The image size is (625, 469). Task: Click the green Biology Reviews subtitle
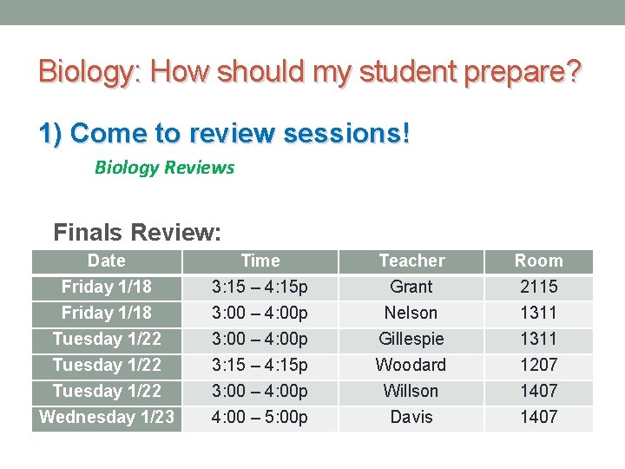click(x=164, y=168)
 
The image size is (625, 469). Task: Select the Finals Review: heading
click(x=137, y=232)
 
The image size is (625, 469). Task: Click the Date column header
click(x=107, y=261)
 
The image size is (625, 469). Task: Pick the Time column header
click(x=260, y=261)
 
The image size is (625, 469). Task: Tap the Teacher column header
click(x=411, y=261)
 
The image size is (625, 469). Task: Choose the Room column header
click(x=538, y=261)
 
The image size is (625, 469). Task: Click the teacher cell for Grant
click(x=411, y=287)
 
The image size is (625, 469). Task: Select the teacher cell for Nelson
click(x=411, y=313)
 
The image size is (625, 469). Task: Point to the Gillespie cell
click(x=411, y=339)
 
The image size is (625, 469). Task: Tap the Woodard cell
click(x=411, y=365)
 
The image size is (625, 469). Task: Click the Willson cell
click(x=411, y=391)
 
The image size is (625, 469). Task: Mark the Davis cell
click(x=411, y=417)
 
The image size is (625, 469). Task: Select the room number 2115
click(x=538, y=287)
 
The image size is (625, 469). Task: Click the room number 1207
click(x=538, y=365)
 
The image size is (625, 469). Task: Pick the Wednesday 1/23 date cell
click(x=107, y=417)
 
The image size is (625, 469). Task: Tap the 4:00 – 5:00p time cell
click(x=260, y=417)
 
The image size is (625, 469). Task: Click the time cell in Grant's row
click(x=260, y=287)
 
